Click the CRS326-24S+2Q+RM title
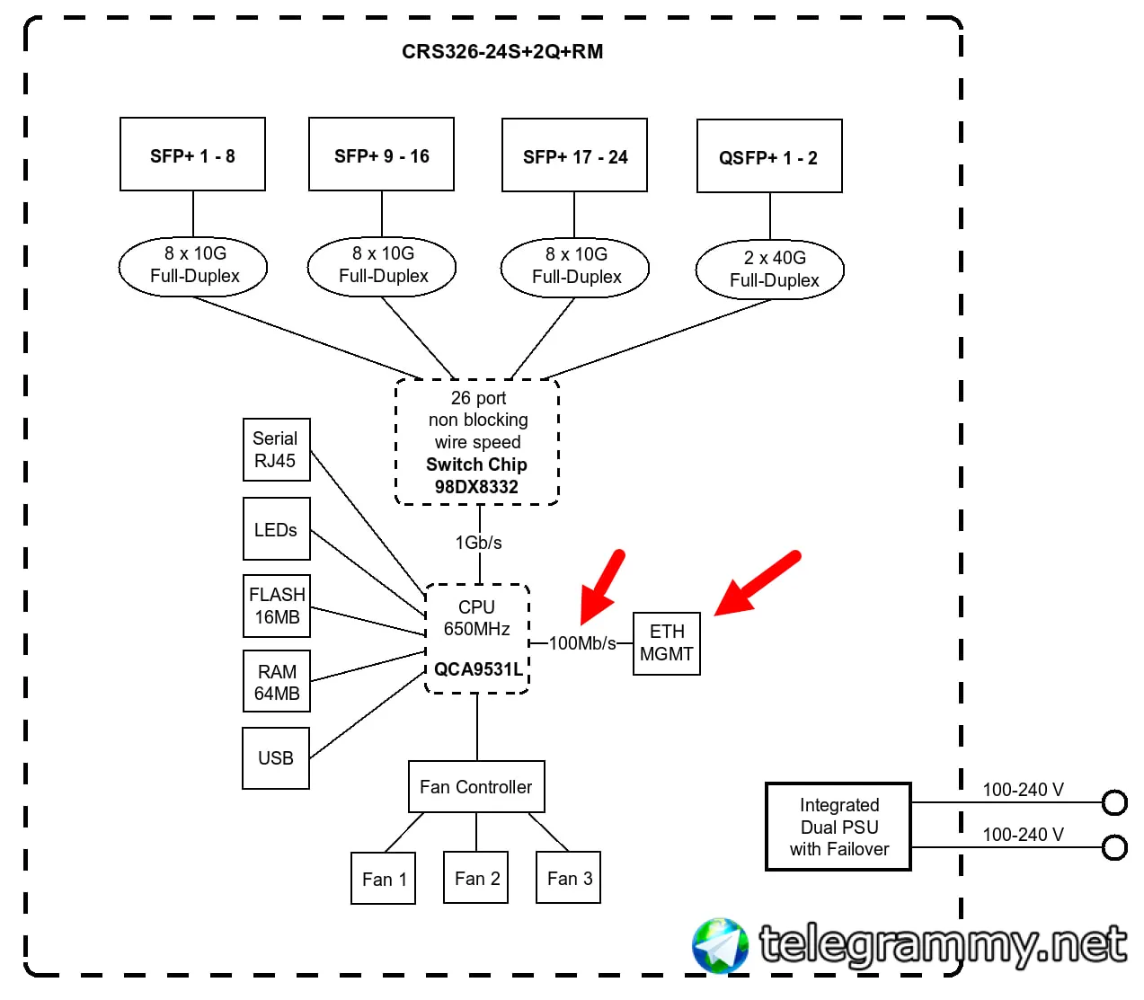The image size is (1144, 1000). (501, 51)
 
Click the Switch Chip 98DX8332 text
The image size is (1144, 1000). (476, 475)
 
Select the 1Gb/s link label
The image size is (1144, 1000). (478, 542)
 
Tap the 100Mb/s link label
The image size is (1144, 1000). (581, 642)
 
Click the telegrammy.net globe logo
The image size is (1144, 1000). (719, 945)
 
